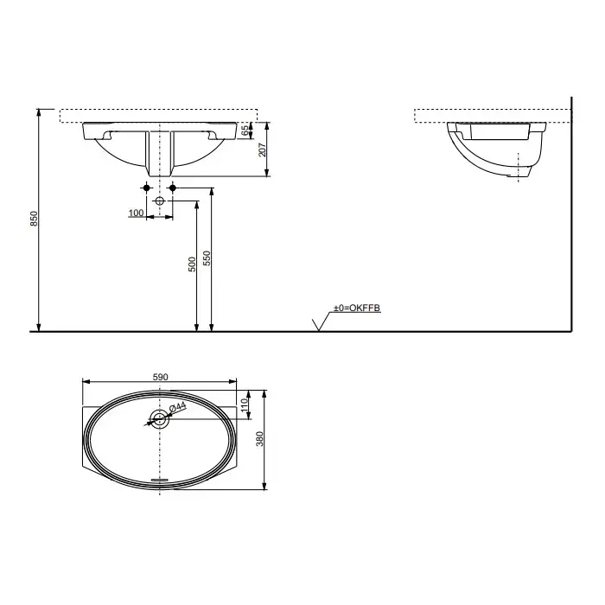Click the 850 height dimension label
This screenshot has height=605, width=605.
click(35, 219)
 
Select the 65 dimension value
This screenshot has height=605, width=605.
click(245, 131)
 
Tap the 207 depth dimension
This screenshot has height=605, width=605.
click(262, 150)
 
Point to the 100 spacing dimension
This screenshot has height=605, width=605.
click(136, 213)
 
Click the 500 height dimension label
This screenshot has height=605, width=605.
click(192, 264)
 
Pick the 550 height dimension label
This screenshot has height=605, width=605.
click(207, 258)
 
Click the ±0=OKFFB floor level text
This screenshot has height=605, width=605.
click(357, 308)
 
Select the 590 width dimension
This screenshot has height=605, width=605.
click(161, 377)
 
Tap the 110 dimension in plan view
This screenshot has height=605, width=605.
click(244, 405)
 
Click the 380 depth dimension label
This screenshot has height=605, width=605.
click(260, 439)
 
